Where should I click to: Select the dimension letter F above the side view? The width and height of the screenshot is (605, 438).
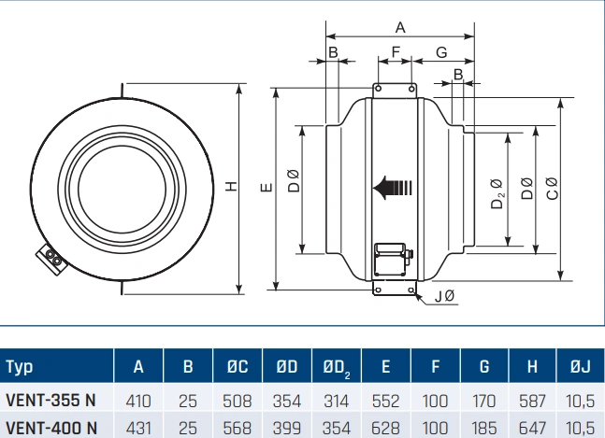(x=395, y=52)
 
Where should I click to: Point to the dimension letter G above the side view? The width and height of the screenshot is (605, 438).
(x=441, y=52)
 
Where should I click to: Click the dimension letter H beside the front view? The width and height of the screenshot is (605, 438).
(x=230, y=187)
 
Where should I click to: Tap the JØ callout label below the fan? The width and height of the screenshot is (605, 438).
(x=445, y=297)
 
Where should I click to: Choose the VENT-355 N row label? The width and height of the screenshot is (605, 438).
(x=50, y=402)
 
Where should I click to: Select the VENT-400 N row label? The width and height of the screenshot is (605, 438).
(x=50, y=429)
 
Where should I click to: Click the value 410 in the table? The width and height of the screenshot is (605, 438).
(x=138, y=402)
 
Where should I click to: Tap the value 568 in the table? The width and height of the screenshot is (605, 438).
(x=238, y=429)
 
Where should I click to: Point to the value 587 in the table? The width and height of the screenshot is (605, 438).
(x=531, y=402)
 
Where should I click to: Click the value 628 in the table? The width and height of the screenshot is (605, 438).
(x=384, y=429)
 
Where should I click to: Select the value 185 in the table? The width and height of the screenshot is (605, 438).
(x=483, y=429)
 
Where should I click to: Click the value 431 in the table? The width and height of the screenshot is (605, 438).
(x=138, y=429)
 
